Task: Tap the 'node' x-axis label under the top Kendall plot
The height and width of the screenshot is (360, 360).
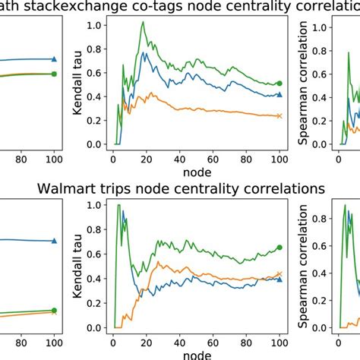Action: click(x=194, y=174)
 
